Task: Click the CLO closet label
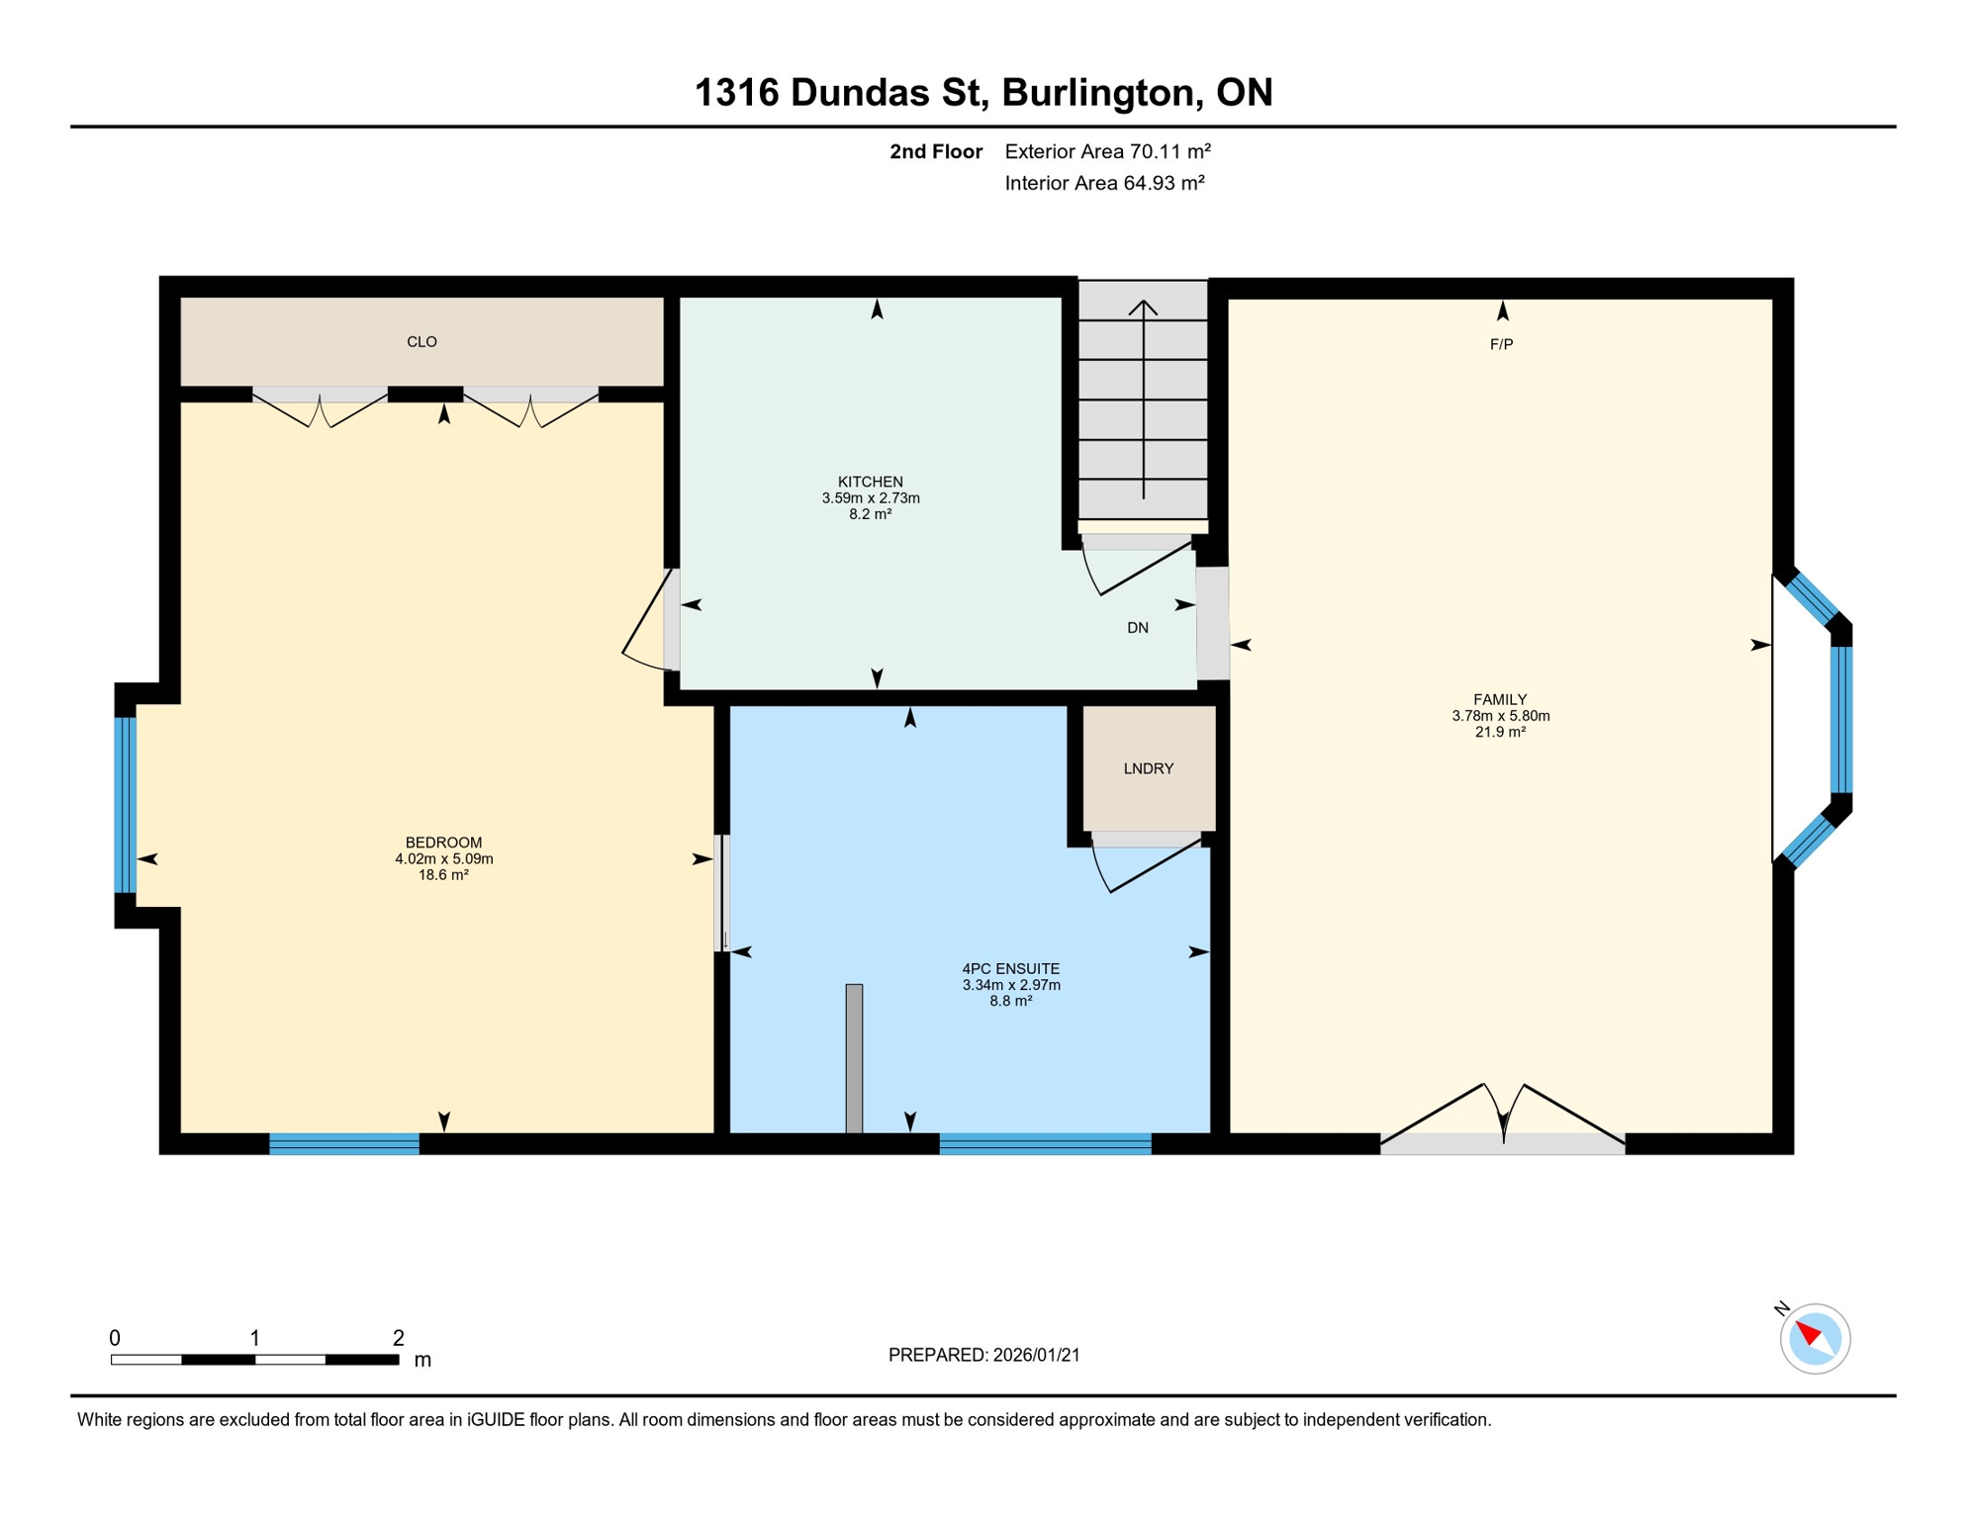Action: coord(421,342)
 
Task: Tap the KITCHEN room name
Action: coord(870,482)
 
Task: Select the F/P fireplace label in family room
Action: coord(1501,344)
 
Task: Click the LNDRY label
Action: coord(1148,768)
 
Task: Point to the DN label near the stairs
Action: coord(1137,628)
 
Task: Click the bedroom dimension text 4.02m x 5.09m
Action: coord(443,858)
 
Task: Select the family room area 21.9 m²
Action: coord(1500,732)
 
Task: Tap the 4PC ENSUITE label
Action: coord(1010,969)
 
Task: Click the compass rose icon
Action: coord(1815,1339)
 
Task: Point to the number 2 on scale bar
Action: coord(398,1338)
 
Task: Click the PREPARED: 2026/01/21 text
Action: coord(983,1355)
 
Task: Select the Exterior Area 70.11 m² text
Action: coord(1107,151)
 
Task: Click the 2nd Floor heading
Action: coord(935,151)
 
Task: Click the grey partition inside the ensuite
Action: coord(854,1058)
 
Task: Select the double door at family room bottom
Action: coord(1502,1122)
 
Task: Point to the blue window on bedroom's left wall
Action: coord(125,805)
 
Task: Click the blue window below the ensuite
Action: coord(1044,1144)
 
